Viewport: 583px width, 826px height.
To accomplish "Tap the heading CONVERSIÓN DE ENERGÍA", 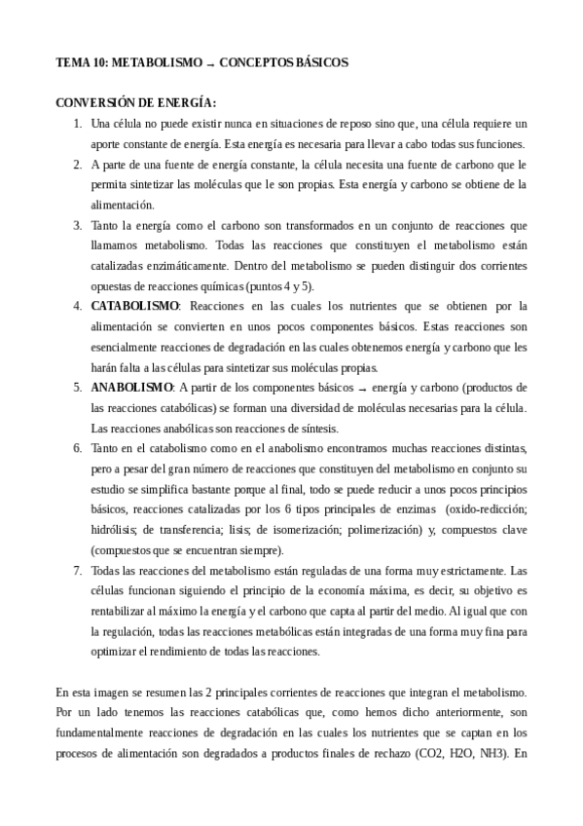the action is (x=135, y=102).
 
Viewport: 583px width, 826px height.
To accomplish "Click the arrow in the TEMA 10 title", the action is (x=209, y=62).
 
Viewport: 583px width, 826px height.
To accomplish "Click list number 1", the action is (x=78, y=124).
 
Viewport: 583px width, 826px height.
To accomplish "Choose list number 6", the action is (x=78, y=447).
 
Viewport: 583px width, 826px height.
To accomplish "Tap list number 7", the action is (x=78, y=570).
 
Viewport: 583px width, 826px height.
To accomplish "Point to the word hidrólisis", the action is (x=113, y=529).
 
